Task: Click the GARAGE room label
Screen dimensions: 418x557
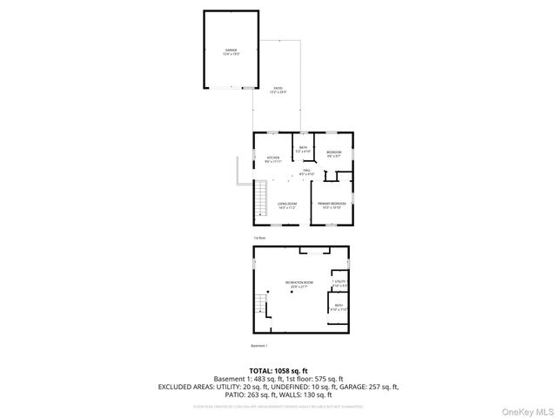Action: coord(231,51)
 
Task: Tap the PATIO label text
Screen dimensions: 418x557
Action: coord(278,90)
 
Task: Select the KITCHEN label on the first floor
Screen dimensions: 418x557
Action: coord(272,158)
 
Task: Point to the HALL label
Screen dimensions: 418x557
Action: coord(306,172)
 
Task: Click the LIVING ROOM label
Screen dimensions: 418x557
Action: coord(287,205)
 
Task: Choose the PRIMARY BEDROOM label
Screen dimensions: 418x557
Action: coord(333,205)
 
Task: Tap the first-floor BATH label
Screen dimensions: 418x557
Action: coord(303,149)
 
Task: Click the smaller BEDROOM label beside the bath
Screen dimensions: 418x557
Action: coord(334,153)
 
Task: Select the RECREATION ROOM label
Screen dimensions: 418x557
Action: coord(299,284)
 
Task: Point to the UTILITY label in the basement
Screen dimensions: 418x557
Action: coord(339,282)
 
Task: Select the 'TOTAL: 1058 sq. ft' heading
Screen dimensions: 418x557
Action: coord(278,369)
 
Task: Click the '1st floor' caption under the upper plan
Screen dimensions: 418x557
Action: coord(258,238)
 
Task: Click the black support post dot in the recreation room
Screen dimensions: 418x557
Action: coord(292,292)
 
